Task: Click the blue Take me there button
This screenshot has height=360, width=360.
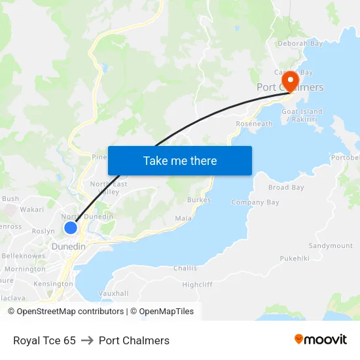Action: (x=180, y=160)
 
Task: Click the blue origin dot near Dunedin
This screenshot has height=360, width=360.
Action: (x=71, y=228)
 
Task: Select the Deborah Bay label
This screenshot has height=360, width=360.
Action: (x=300, y=44)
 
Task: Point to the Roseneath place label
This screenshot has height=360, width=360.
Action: (x=254, y=124)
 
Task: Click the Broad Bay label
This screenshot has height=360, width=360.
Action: (x=286, y=188)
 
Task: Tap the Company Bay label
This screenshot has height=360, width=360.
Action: (x=255, y=203)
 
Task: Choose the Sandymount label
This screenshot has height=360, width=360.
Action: (x=331, y=246)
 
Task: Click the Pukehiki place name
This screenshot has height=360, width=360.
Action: (x=294, y=259)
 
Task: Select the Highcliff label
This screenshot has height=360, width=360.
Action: (x=197, y=285)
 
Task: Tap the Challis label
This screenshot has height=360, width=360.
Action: (x=185, y=268)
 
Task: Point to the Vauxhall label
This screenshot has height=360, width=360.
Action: (x=113, y=293)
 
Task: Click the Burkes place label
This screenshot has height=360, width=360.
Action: (x=199, y=200)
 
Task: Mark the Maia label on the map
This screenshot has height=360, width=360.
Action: (x=183, y=218)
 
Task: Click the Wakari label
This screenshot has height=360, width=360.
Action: (x=31, y=210)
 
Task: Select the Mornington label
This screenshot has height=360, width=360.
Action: (x=25, y=269)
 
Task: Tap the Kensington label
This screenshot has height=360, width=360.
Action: (x=53, y=284)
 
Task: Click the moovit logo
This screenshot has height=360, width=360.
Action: (x=321, y=340)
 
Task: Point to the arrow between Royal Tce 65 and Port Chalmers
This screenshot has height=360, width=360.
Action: (x=87, y=340)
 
